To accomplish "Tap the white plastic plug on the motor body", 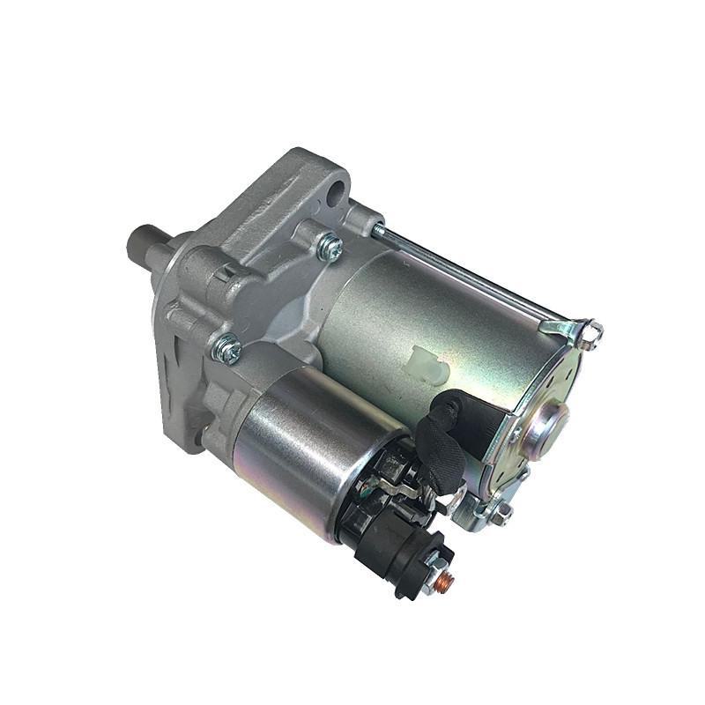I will (427, 364).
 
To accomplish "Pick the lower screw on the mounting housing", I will (227, 350).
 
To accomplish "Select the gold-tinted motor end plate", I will (538, 441).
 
